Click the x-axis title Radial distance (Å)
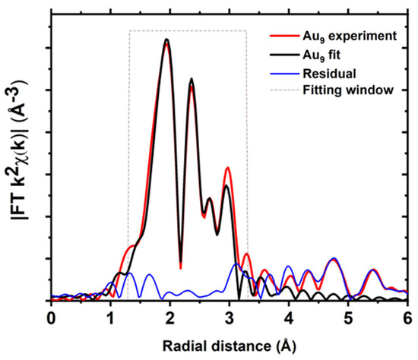click(x=229, y=344)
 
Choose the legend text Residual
click(x=327, y=74)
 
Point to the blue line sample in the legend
click(x=281, y=74)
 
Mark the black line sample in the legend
click(x=281, y=54)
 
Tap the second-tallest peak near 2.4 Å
click(x=192, y=80)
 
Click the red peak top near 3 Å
click(x=226, y=169)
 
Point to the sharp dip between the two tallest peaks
click(x=180, y=266)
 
